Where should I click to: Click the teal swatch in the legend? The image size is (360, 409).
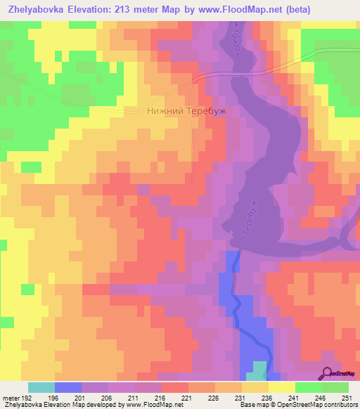point(41,387)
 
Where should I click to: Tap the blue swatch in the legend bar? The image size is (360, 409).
point(68,387)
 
